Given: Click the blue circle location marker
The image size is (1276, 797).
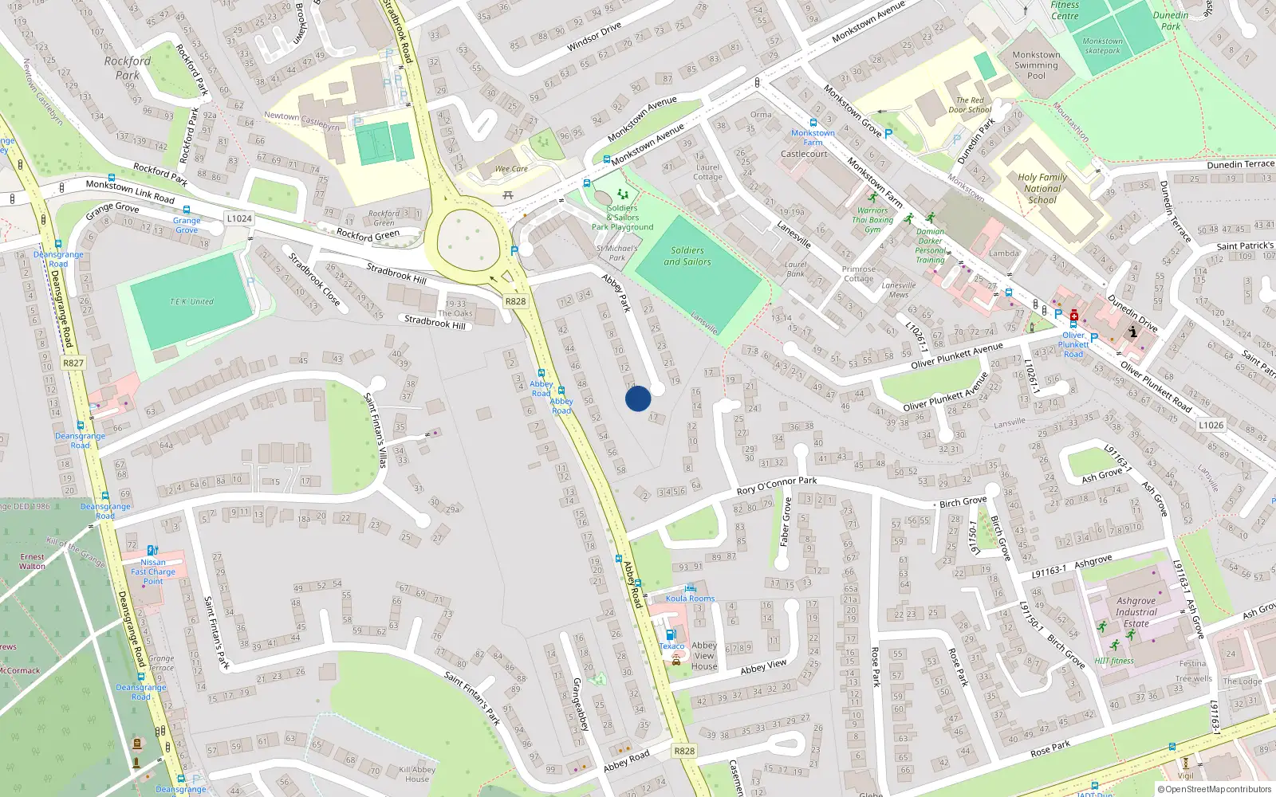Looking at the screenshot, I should (x=638, y=398).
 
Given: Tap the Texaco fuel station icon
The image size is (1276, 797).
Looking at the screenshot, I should (x=671, y=634).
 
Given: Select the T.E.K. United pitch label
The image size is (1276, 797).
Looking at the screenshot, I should (x=191, y=302).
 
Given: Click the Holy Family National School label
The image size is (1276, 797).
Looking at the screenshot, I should (x=1042, y=189).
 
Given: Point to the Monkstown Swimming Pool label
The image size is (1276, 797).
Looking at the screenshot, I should (x=1036, y=65).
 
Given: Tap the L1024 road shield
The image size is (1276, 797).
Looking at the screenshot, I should (x=238, y=218).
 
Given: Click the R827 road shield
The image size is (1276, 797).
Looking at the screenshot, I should (x=73, y=363).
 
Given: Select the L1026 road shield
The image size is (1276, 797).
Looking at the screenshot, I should (x=1211, y=425).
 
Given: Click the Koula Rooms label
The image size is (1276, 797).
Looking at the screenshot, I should (x=690, y=598).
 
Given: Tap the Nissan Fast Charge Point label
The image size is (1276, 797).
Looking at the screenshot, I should (x=153, y=571).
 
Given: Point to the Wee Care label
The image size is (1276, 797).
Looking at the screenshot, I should (x=511, y=169).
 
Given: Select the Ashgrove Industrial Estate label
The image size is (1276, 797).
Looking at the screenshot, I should (x=1136, y=612).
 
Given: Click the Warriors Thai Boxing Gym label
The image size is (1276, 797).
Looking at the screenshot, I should (x=872, y=220).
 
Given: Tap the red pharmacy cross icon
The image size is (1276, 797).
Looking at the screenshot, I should (x=1074, y=316).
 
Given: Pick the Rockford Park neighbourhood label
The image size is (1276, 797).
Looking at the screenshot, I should (x=127, y=68).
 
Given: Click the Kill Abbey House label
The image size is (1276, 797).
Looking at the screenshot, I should (x=417, y=774).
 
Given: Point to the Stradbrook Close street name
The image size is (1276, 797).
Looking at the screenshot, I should (x=314, y=280).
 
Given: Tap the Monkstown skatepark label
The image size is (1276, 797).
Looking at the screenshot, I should (x=1102, y=45).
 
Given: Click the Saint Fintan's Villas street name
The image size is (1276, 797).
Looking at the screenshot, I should (x=376, y=430).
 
